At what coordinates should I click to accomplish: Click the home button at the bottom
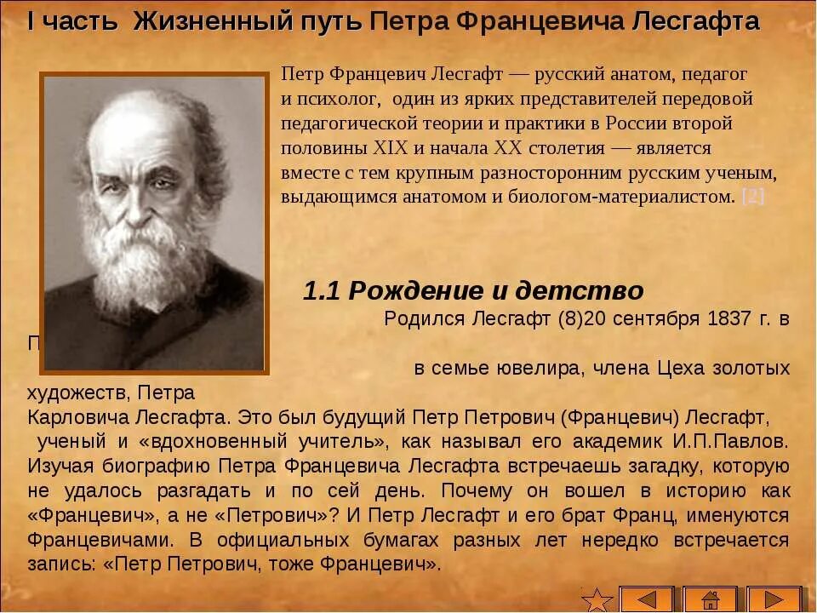coord(710,599)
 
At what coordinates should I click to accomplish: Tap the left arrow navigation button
coord(646,599)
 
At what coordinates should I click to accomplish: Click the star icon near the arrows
coord(597,599)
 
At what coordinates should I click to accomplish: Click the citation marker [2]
coord(753,197)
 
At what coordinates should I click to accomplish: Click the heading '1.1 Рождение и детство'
coord(473,291)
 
